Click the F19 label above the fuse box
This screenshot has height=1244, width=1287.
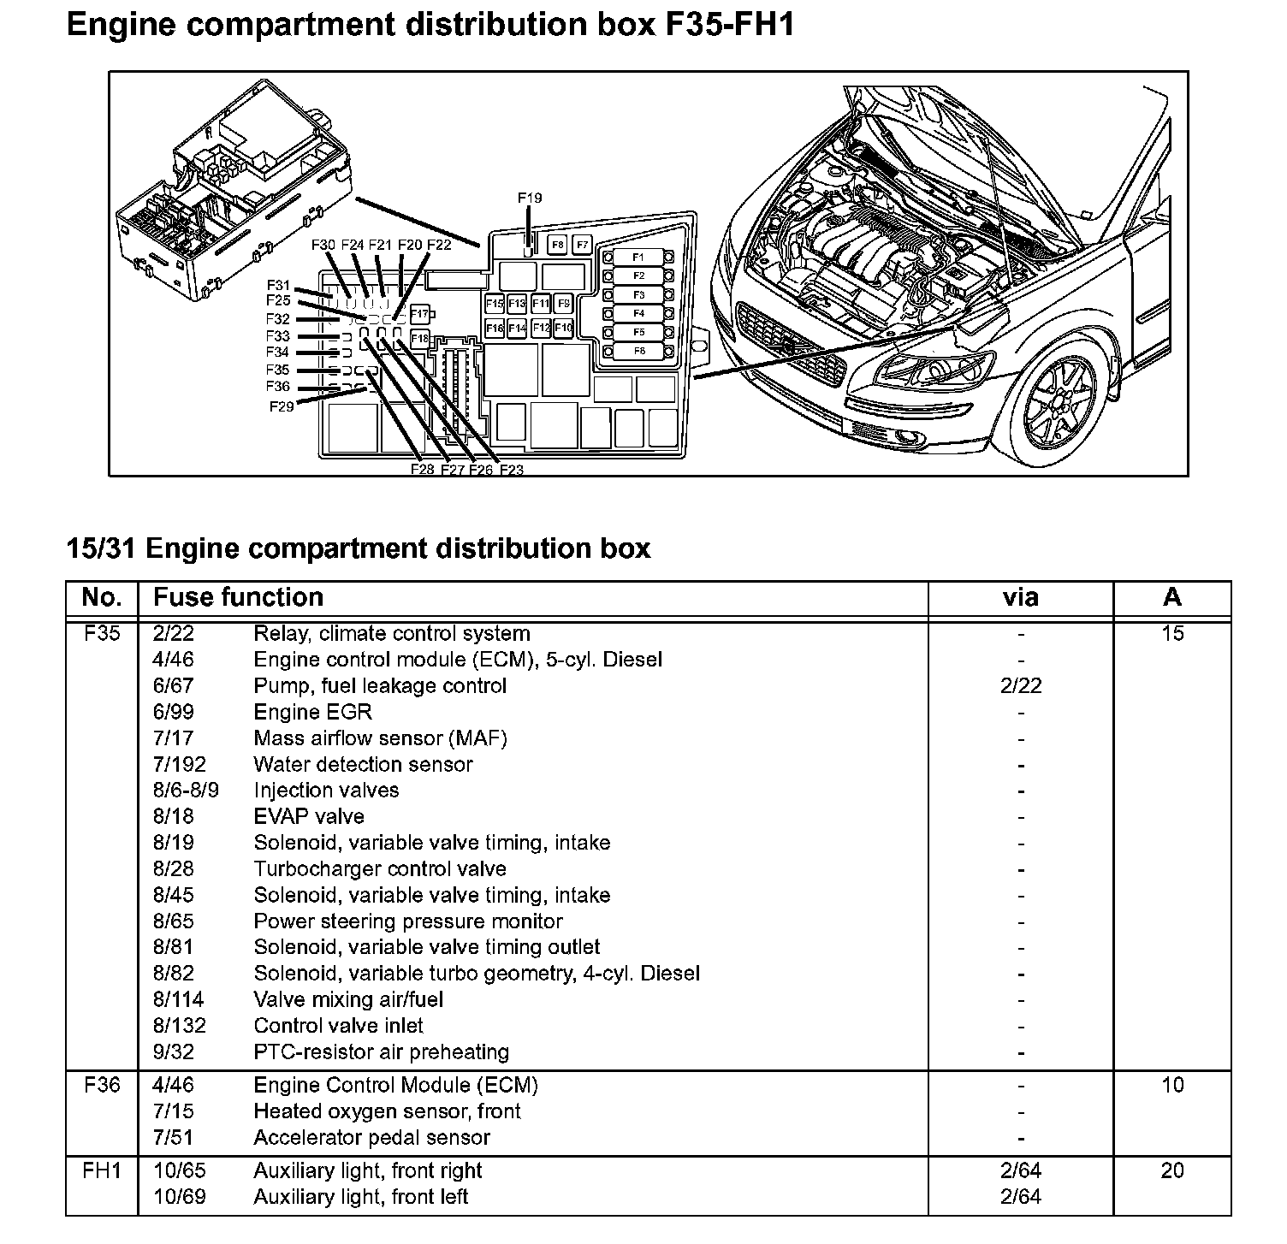click(x=530, y=198)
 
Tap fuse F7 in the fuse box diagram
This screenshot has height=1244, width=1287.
click(x=582, y=245)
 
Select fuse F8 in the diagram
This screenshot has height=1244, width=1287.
click(x=558, y=245)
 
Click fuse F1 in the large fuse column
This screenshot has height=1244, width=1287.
click(x=638, y=258)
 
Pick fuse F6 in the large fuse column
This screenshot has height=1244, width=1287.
click(x=638, y=351)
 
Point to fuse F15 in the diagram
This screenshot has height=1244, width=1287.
click(x=495, y=304)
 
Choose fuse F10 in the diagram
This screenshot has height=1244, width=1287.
click(x=563, y=328)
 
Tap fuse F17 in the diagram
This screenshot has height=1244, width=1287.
click(x=419, y=315)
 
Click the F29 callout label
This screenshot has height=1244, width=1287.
click(x=281, y=406)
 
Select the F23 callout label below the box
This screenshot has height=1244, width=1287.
click(x=511, y=470)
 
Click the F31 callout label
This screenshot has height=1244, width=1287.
click(x=278, y=286)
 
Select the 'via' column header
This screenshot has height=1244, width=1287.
click(x=1020, y=597)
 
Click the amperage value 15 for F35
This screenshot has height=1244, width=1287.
click(x=1172, y=634)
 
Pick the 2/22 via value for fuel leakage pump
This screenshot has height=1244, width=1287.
click(x=1020, y=686)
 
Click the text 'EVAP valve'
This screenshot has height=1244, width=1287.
click(x=309, y=816)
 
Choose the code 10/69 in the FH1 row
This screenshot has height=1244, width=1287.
click(x=179, y=1197)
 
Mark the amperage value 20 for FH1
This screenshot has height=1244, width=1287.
click(x=1172, y=1171)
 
